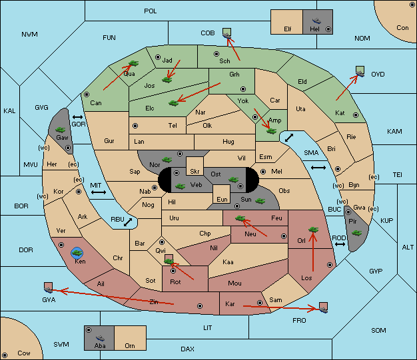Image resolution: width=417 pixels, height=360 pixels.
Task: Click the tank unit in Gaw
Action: coord(61,130)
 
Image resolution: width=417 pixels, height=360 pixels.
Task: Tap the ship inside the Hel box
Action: coord(316,21)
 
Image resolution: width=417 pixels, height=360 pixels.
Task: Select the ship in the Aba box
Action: coord(100,338)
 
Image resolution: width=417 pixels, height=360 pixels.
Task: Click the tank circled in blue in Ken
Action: coord(77,253)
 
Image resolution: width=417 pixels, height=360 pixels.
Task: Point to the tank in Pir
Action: coord(356,233)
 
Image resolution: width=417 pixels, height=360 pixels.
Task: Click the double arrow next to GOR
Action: coord(77,117)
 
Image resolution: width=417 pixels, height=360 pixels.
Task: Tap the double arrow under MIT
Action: coord(99,192)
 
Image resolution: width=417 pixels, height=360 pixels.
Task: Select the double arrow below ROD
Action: coord(340,244)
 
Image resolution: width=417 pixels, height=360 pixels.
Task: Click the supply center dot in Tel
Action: coord(135,125)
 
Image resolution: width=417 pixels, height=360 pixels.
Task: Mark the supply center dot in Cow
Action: coord(5,355)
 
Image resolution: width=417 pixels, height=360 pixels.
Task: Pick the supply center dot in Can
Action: coord(87,94)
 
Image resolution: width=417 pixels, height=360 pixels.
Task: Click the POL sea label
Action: coord(151,11)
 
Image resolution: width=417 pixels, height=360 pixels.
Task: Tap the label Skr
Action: coord(195,172)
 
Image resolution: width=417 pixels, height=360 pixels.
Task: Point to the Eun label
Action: coord(222,199)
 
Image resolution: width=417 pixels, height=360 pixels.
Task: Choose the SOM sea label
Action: coord(378,330)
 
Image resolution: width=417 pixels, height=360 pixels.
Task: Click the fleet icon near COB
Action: coord(227,34)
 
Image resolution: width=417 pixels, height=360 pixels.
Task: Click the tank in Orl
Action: coord(313,230)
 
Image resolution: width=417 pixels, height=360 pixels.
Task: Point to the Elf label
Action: coord(288,29)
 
